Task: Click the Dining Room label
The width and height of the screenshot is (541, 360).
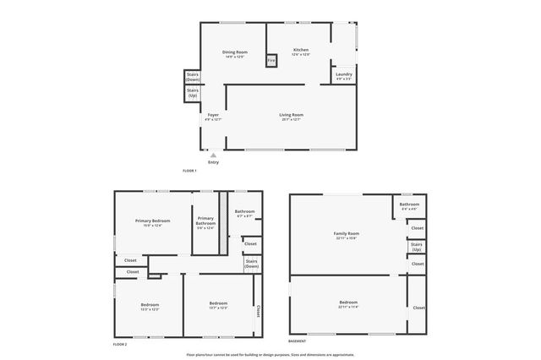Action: tap(234, 54)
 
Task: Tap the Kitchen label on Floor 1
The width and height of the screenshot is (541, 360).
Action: tap(300, 52)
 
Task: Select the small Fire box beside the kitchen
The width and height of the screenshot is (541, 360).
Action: tap(271, 61)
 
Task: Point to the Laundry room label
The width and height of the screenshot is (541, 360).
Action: tap(343, 76)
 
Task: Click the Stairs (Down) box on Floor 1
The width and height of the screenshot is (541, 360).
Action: tap(193, 77)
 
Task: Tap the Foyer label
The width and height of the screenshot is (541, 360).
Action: tap(213, 117)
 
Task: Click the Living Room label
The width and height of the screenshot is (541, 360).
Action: tap(291, 117)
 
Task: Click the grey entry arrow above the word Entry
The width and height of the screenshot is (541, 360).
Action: tap(213, 155)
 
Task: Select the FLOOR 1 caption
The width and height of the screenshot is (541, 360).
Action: tap(189, 172)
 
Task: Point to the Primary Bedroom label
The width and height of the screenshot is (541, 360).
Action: tap(152, 222)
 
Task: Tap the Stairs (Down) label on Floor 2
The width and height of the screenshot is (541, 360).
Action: tap(251, 264)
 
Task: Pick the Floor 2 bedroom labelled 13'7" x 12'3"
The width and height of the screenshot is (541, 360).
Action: tap(218, 305)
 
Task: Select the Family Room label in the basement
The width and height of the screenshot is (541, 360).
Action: tap(347, 235)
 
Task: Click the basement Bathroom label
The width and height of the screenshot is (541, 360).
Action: tap(409, 205)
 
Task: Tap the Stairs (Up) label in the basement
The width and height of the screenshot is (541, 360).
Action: tap(416, 248)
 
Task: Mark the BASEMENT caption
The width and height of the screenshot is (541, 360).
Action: tap(297, 341)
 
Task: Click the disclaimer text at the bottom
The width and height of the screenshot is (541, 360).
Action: tap(270, 355)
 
